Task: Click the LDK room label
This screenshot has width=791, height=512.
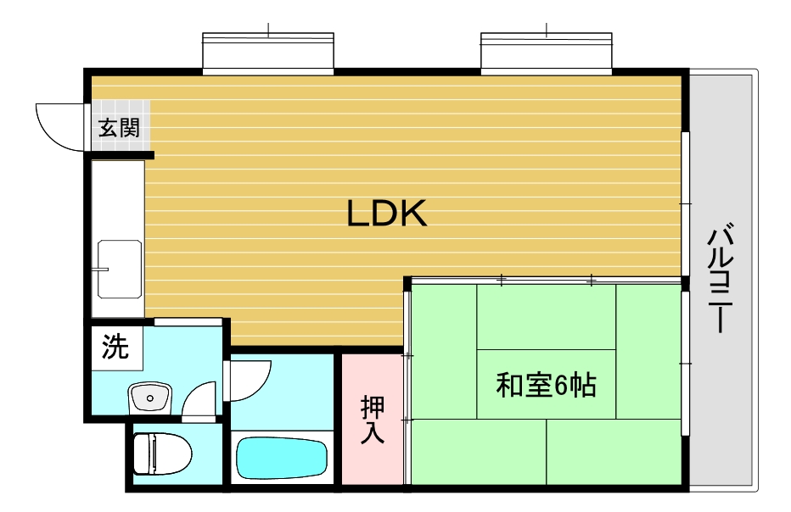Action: pos(386,214)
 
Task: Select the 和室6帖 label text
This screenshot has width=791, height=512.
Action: pos(546,385)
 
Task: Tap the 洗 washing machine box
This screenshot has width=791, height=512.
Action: pos(116,347)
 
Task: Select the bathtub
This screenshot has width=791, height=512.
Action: pos(281,458)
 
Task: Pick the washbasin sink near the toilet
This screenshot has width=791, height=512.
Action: pos(149,396)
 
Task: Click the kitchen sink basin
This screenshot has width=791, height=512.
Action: pos(120,268)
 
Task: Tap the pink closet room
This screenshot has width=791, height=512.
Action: pos(372,420)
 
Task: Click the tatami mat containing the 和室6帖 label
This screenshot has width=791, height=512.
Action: pos(546,384)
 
